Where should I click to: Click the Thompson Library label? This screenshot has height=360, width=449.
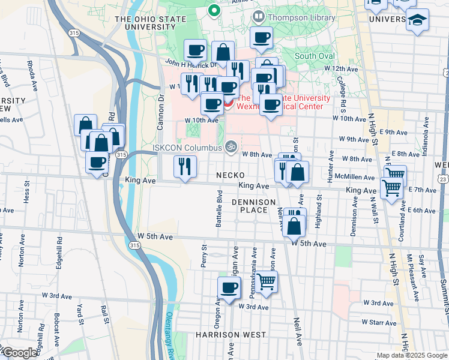(301, 18)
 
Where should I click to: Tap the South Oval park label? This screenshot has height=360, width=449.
(315, 56)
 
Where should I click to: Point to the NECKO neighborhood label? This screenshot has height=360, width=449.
(230, 175)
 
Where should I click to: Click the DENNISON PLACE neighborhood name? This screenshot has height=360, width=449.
(253, 206)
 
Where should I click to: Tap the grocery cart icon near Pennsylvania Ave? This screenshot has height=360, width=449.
(267, 281)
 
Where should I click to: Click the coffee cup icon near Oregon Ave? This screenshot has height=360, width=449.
(228, 288)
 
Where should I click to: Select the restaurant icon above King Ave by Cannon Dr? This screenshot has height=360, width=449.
(185, 166)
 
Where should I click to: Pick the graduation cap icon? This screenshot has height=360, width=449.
(417, 20)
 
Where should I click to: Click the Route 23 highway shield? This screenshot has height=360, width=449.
(442, 179)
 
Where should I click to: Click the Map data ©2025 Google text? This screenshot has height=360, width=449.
(412, 355)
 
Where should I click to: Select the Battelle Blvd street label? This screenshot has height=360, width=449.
(220, 204)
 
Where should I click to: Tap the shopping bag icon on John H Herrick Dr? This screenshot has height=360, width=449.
(223, 53)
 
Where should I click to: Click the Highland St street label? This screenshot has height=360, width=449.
(319, 207)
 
